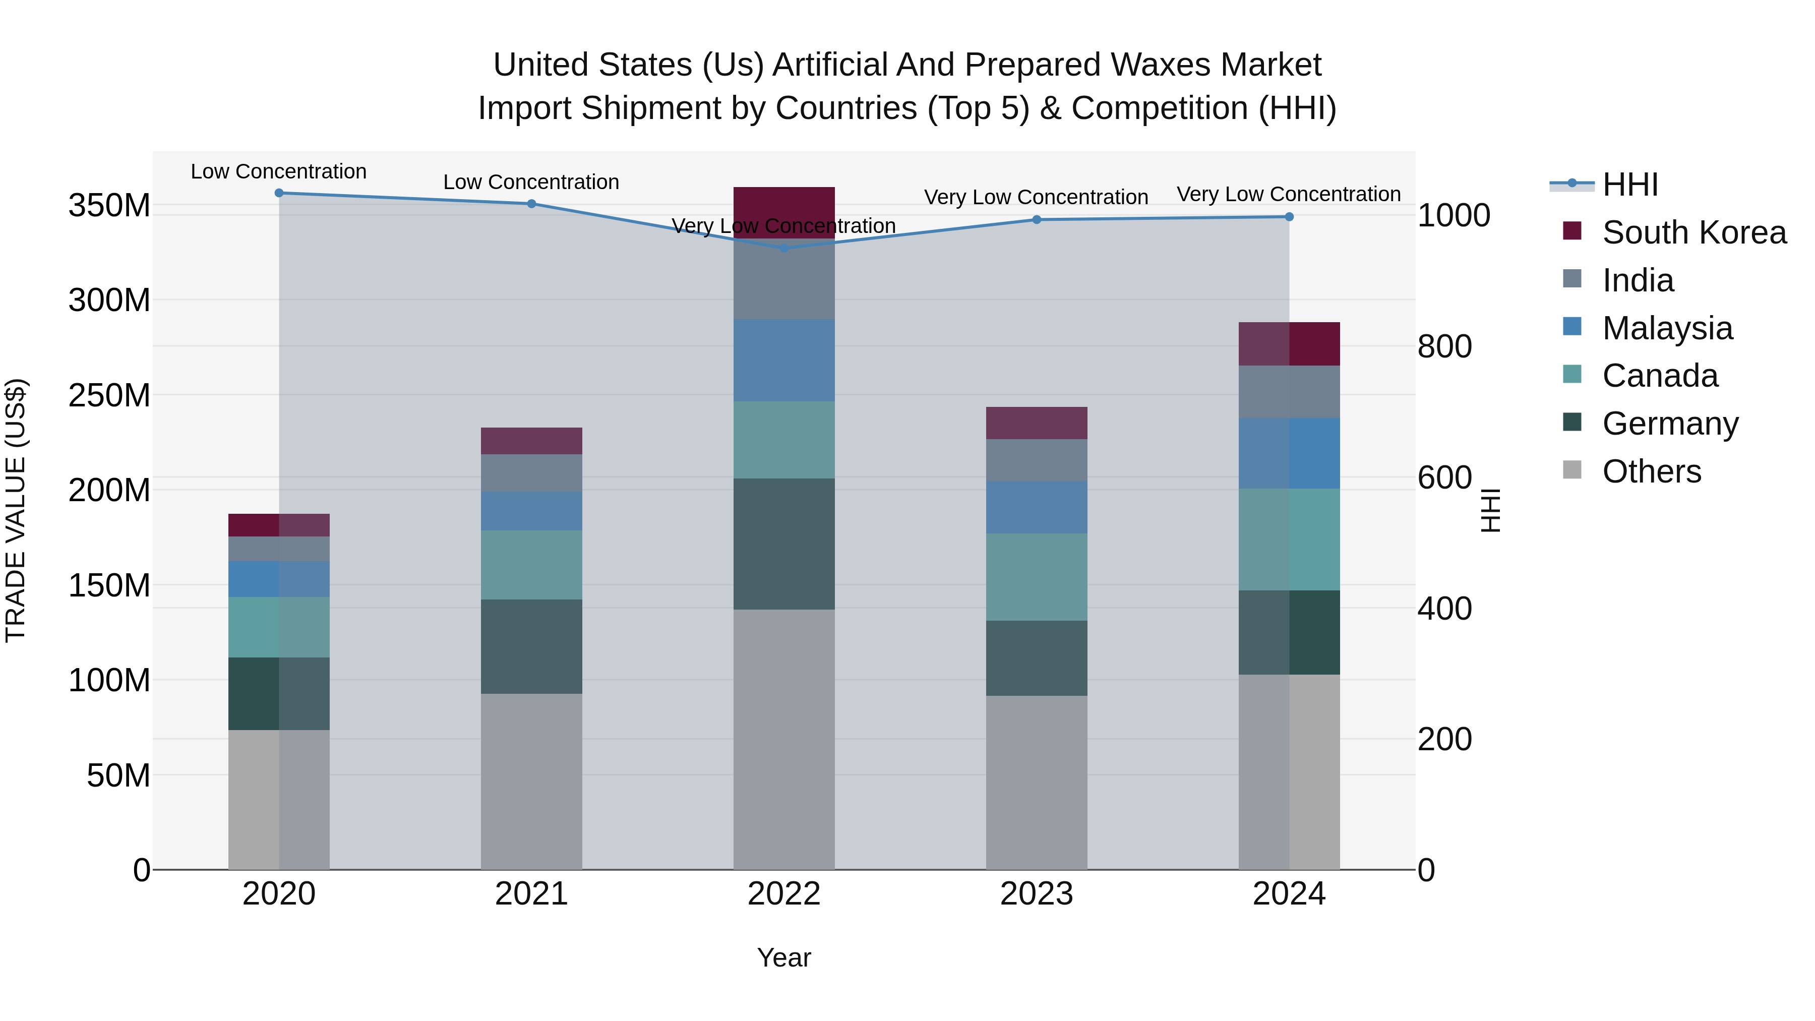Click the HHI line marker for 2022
click(x=784, y=248)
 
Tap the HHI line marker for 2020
click(x=279, y=193)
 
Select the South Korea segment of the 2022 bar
click(x=784, y=211)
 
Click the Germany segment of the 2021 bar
click(x=531, y=646)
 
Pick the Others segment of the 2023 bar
click(x=1037, y=782)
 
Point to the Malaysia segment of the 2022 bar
click(x=784, y=360)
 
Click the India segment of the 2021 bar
click(x=531, y=473)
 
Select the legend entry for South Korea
click(x=1694, y=232)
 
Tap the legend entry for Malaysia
click(x=1667, y=328)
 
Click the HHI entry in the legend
click(x=1629, y=185)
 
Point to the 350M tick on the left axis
click(x=109, y=206)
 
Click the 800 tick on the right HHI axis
click(x=1444, y=347)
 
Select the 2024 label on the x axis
click(x=1289, y=894)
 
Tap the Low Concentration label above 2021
click(x=531, y=183)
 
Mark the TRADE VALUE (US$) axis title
click(x=16, y=510)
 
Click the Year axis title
click(x=783, y=957)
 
